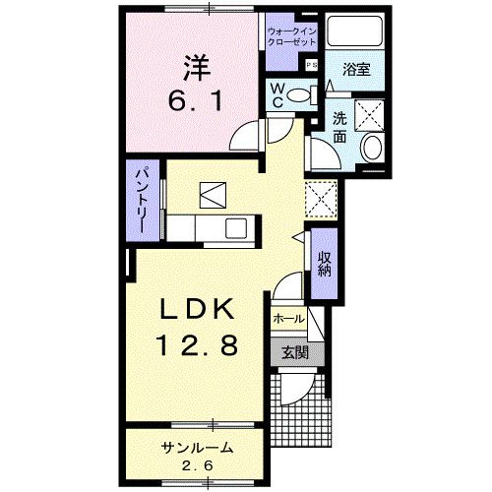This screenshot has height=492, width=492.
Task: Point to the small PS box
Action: tap(311, 65)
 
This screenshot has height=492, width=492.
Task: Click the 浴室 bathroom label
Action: tap(355, 70)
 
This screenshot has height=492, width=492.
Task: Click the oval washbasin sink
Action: tap(373, 148)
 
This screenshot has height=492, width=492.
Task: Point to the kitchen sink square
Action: tap(236, 229)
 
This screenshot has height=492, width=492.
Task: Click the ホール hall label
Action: tap(286, 319)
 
